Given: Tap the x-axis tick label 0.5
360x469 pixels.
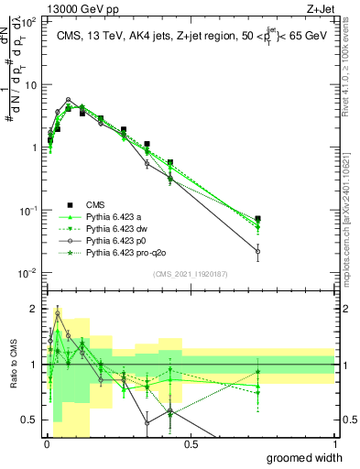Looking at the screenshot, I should click(190, 445).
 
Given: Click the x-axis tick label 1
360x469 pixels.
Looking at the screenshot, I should click(334, 445).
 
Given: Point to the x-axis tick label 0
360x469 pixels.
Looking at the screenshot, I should click(46, 445).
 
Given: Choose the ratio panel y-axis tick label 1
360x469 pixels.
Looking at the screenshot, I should click(35, 365).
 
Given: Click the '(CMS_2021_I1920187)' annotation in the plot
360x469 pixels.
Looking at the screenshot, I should click(190, 273).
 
